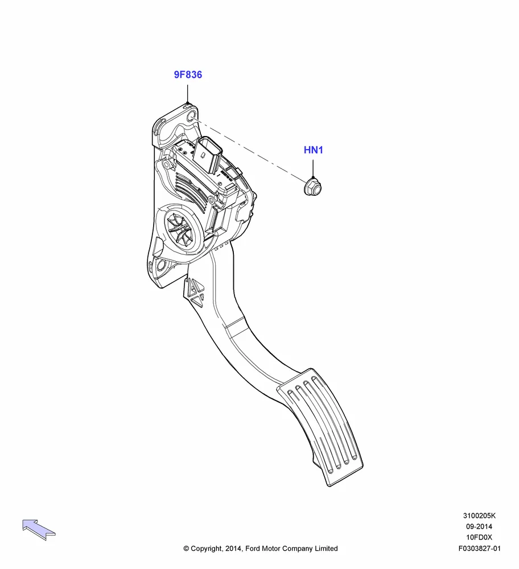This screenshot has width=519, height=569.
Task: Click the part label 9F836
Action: [188, 75]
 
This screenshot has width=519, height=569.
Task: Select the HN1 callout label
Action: [313, 150]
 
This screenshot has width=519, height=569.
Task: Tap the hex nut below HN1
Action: [313, 186]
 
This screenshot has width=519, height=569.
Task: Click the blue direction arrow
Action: [39, 529]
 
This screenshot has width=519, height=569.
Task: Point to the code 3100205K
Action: [479, 516]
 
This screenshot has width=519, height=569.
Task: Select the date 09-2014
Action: [479, 526]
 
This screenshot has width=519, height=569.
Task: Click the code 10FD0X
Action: [479, 538]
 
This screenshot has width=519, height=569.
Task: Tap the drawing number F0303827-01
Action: [479, 549]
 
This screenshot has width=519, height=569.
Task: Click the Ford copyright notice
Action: [260, 549]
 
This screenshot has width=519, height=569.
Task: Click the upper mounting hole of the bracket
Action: [191, 118]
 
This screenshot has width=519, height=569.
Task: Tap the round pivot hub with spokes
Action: [181, 229]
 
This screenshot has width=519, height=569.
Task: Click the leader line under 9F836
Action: [188, 94]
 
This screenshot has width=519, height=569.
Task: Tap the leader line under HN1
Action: [313, 169]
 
